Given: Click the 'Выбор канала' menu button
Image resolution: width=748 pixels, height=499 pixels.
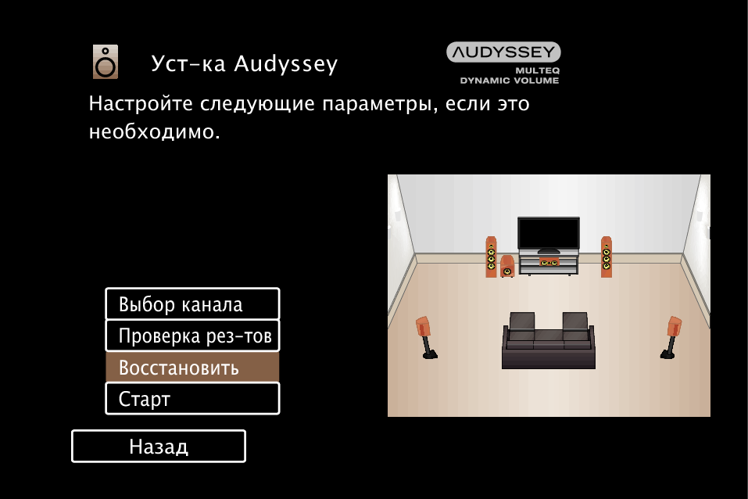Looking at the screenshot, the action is click(192, 303).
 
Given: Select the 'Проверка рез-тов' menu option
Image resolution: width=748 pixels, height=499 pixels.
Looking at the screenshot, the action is click(192, 336).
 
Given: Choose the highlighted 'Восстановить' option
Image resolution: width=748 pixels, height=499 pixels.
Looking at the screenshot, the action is click(192, 367).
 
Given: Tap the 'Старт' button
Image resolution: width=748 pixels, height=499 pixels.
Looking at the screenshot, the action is click(192, 399).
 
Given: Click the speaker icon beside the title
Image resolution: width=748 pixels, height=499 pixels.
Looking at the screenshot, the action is click(106, 62).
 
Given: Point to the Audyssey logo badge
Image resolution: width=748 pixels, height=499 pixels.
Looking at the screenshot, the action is click(503, 52).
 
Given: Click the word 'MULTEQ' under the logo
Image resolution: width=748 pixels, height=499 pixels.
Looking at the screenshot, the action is click(537, 70).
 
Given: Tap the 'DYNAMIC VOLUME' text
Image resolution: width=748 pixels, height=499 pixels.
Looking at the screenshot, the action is click(510, 81).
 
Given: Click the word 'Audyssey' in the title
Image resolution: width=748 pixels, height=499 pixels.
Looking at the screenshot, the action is click(286, 64).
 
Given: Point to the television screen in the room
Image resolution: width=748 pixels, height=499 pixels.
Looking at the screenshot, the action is click(549, 234).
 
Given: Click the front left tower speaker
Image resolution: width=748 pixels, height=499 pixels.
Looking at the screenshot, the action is click(491, 257).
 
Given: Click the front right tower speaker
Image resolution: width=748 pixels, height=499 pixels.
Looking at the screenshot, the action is click(607, 257).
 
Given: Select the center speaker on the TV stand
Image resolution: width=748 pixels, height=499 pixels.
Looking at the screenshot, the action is click(549, 262).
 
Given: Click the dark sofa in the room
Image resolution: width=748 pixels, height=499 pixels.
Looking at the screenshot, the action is click(549, 340).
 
